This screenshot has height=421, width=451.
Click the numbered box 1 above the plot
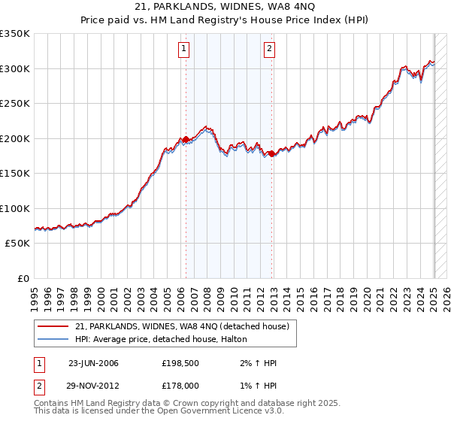pos(184,50)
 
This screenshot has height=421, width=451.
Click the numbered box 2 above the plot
pos(269,50)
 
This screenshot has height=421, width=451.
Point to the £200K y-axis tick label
pos(15,138)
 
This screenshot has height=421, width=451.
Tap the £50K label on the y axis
pos(18,244)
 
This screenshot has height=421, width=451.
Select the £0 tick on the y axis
pos(23,278)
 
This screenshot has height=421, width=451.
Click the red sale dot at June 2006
pos(186,139)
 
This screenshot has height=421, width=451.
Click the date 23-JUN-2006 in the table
pos(93,363)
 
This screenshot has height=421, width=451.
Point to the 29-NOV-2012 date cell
pos(93,386)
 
